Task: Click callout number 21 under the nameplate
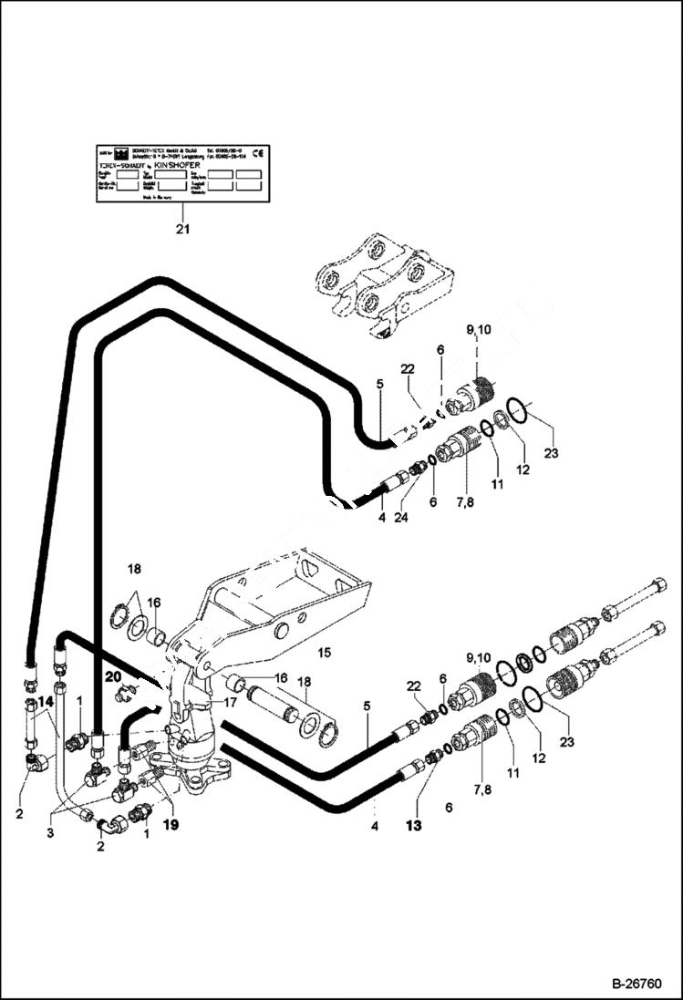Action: point(182,229)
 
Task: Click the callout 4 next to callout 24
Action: point(381,516)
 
